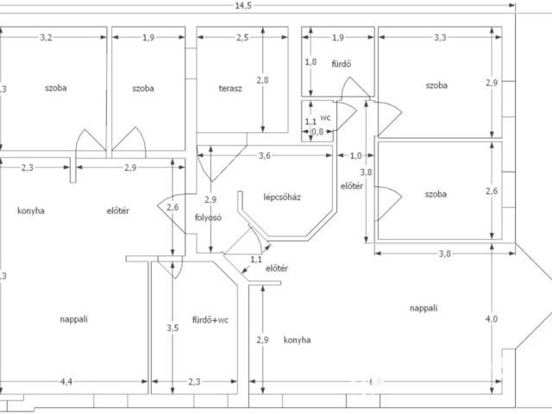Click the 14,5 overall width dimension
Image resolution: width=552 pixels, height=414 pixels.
tap(249, 7)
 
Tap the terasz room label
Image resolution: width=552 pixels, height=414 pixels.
tap(230, 89)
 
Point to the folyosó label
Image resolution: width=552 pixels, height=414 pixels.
tap(209, 217)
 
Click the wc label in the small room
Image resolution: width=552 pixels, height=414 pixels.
tap(325, 116)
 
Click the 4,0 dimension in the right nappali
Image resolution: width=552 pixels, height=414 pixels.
tap(492, 319)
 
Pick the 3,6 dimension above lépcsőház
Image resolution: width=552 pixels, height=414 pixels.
tap(265, 156)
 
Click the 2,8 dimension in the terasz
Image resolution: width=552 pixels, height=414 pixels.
tap(263, 81)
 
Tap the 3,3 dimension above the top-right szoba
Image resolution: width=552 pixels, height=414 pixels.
tap(440, 37)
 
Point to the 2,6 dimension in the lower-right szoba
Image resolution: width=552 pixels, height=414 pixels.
tap(492, 191)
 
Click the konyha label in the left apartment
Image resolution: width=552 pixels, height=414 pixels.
tap(30, 210)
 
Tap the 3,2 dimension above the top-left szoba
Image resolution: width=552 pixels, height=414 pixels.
tap(46, 37)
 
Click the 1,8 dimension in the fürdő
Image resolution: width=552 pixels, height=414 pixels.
tap(312, 62)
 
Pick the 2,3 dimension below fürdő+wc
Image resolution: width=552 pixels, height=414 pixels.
tap(194, 382)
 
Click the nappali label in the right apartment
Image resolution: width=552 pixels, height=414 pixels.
tap(423, 307)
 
